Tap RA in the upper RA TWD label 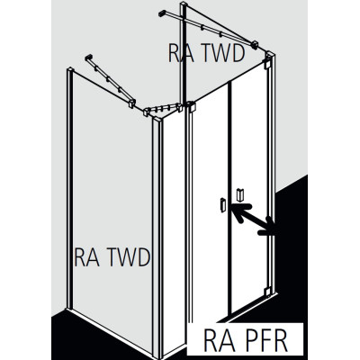180,53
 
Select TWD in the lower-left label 126,257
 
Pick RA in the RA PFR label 215,340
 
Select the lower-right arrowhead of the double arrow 266,226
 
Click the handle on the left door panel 222,205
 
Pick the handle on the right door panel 240,195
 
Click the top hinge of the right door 266,65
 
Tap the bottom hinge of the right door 267,291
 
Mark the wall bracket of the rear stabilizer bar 162,13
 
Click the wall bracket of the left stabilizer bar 89,57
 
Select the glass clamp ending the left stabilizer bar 132,103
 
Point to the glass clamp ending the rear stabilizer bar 256,44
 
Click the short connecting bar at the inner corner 163,109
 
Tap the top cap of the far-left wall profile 69,69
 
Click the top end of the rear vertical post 184,4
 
